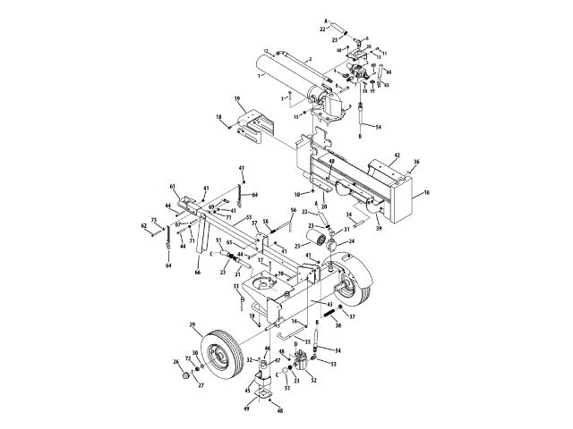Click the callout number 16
pyautogui.click(x=426, y=191)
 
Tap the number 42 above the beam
pyautogui.click(x=397, y=156)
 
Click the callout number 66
pyautogui.click(x=197, y=274)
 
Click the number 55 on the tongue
pyautogui.click(x=248, y=217)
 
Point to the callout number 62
pyautogui.click(x=143, y=227)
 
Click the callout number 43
pyautogui.click(x=329, y=306)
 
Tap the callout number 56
pyautogui.click(x=293, y=211)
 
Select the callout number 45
pyautogui.click(x=248, y=390)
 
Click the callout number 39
pyautogui.click(x=379, y=229)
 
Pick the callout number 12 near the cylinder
pyautogui.click(x=266, y=51)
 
